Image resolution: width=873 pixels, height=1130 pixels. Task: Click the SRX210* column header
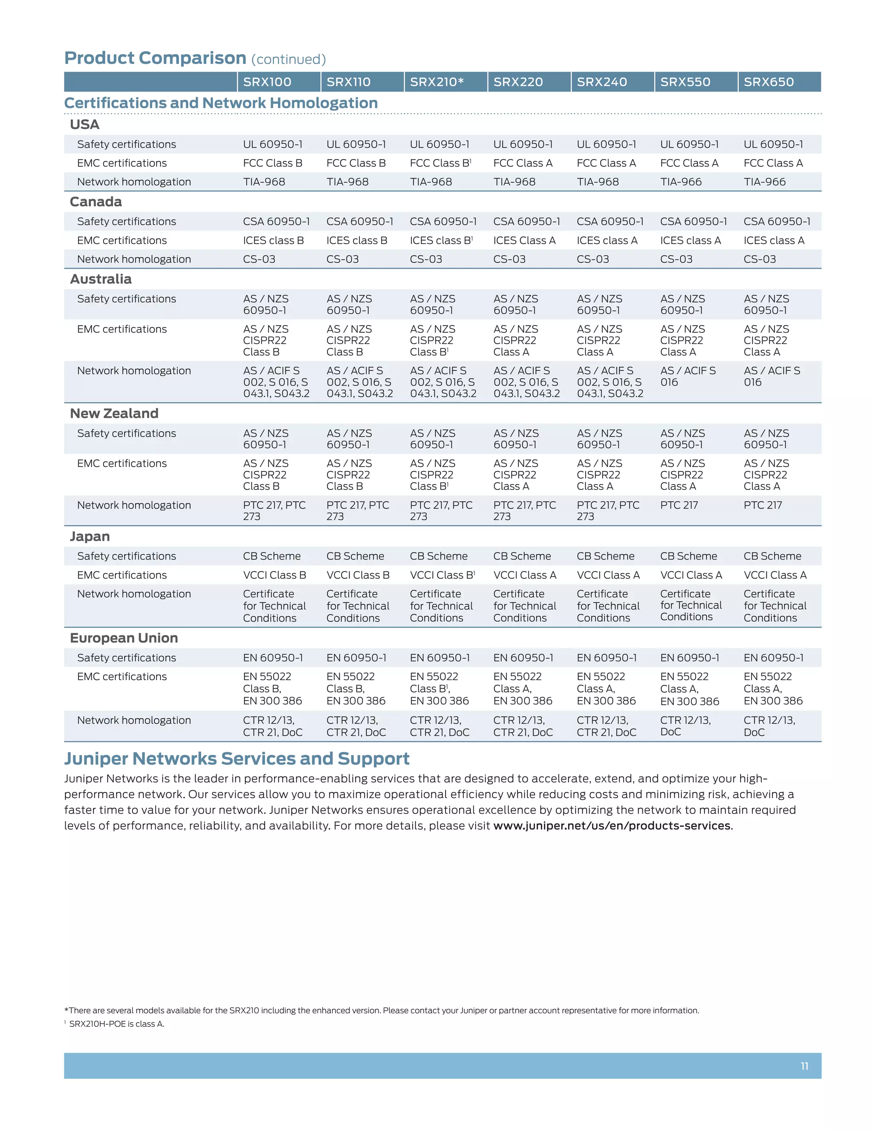(x=436, y=82)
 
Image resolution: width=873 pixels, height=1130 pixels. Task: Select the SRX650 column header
(x=769, y=82)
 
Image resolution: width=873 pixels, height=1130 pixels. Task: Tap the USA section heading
(x=84, y=124)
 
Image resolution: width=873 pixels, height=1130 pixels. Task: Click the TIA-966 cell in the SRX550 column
(x=681, y=182)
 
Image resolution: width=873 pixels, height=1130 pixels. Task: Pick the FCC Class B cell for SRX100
(x=272, y=163)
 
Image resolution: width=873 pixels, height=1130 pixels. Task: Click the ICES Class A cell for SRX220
(x=524, y=240)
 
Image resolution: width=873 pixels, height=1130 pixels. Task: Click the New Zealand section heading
(x=114, y=413)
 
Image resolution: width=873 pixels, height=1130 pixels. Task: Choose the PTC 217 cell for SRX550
(x=679, y=505)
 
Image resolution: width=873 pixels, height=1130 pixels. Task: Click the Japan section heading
(x=90, y=536)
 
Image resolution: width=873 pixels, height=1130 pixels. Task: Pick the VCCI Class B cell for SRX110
(x=358, y=575)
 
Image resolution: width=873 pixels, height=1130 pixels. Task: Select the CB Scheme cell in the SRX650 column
(x=772, y=556)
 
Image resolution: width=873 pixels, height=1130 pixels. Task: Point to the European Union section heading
(x=124, y=638)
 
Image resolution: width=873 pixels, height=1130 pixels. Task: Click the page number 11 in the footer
(x=804, y=1066)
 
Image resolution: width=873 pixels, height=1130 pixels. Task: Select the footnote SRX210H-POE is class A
(x=116, y=1023)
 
